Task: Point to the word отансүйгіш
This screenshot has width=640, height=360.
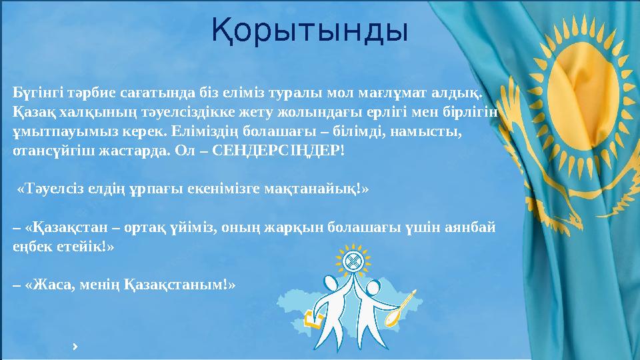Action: (45, 151)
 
